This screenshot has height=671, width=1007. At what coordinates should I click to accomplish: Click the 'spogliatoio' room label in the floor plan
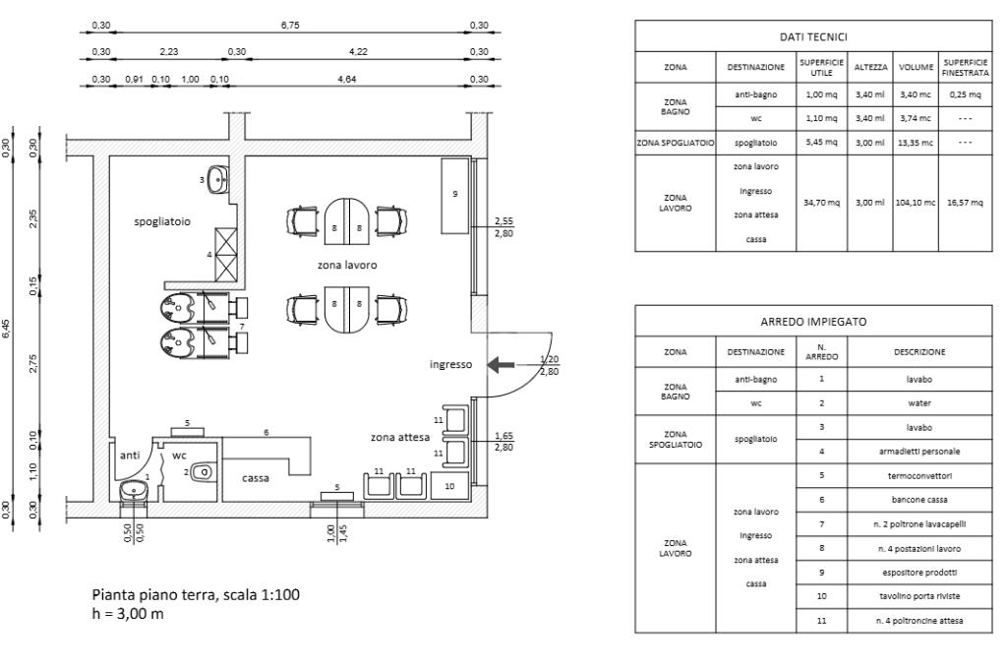click(x=162, y=222)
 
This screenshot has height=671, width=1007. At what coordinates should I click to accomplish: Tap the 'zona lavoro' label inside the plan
click(x=346, y=266)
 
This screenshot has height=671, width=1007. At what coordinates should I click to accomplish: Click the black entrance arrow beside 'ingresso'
click(x=502, y=365)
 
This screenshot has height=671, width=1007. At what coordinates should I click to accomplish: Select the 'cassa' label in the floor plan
click(x=257, y=478)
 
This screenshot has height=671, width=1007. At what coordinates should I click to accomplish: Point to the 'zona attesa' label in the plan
click(x=399, y=436)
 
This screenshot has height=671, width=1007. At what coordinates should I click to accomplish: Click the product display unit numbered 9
click(x=454, y=195)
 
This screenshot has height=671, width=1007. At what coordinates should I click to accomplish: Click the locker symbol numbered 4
click(x=226, y=254)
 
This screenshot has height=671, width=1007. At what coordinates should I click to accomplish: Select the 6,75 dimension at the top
click(x=290, y=25)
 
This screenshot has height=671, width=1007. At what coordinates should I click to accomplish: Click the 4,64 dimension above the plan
click(x=346, y=79)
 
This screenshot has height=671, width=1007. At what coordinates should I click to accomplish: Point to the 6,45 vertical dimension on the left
click(x=8, y=328)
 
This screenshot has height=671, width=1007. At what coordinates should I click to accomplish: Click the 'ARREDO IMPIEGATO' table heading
click(x=813, y=322)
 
